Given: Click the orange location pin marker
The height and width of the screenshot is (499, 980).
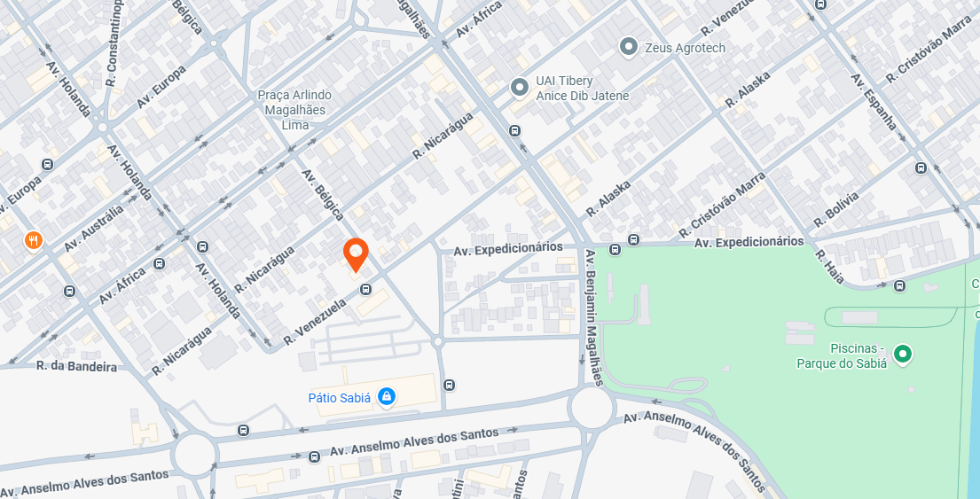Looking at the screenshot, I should point(356,253).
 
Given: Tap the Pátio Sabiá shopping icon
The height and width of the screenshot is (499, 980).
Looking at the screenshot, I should point(387,397).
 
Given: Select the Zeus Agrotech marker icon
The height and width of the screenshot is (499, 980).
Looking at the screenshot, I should point(629,47).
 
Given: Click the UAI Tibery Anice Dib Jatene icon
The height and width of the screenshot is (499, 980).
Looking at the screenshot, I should point(520,88).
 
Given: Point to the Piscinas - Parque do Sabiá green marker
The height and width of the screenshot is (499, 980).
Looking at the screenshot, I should point(903,355).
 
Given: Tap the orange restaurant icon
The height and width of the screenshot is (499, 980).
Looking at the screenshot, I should point(33,240).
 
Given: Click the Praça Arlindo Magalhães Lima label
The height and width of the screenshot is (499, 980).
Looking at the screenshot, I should point(294,110).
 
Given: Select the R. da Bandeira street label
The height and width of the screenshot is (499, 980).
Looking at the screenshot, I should point(76,366).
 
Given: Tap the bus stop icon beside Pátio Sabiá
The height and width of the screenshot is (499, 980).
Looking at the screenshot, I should point(450,385).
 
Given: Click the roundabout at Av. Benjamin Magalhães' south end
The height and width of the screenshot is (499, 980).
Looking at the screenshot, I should point(592,409).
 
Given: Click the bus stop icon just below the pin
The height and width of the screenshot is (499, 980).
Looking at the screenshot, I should point(365,289).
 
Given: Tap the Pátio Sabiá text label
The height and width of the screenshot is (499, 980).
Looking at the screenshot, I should point(339,398).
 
